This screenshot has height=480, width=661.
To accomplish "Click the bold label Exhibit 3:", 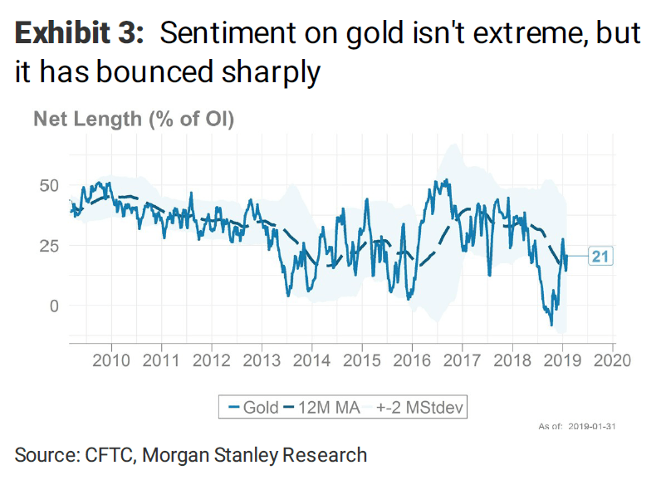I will coord(80,33).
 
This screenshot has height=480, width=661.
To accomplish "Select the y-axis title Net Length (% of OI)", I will coord(134,119).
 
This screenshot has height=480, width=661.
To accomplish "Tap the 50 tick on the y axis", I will coord(49,184).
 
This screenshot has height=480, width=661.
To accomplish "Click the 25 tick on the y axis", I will coord(49,245).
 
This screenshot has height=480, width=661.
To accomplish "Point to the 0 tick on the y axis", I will coord(54,306).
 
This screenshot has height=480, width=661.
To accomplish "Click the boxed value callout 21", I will coord(600,257).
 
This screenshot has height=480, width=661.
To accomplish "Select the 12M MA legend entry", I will coord(323,407).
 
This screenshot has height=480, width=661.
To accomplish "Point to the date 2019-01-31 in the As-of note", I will coord(592,427).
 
